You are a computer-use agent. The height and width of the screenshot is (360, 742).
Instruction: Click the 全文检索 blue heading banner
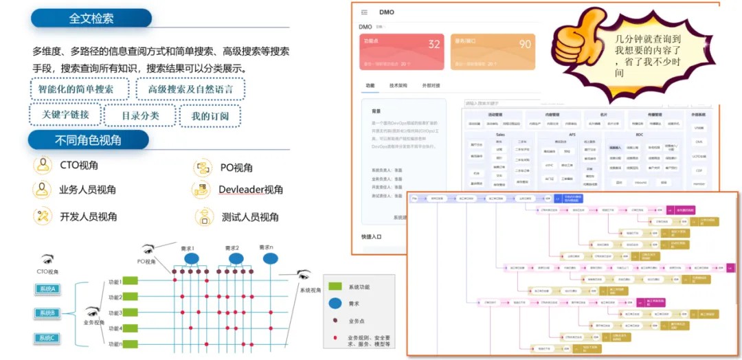click(91, 19)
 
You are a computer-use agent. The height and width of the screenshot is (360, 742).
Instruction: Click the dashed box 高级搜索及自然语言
click(190, 89)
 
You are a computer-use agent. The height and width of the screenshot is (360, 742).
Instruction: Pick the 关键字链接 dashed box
click(65, 115)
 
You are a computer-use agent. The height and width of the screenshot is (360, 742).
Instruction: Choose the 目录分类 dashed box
click(140, 115)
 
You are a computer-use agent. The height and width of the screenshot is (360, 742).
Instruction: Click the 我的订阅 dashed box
click(210, 115)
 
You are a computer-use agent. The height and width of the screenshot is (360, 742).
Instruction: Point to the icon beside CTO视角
click(43, 166)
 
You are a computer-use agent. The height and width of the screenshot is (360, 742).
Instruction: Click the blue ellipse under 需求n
click(271, 259)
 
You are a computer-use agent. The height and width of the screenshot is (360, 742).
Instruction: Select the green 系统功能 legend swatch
click(335, 286)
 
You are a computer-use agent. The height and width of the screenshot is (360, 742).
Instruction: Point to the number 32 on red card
click(434, 45)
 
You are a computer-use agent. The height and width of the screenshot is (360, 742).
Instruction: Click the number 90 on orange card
click(525, 45)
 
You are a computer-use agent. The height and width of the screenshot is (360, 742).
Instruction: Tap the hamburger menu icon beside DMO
click(364, 12)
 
